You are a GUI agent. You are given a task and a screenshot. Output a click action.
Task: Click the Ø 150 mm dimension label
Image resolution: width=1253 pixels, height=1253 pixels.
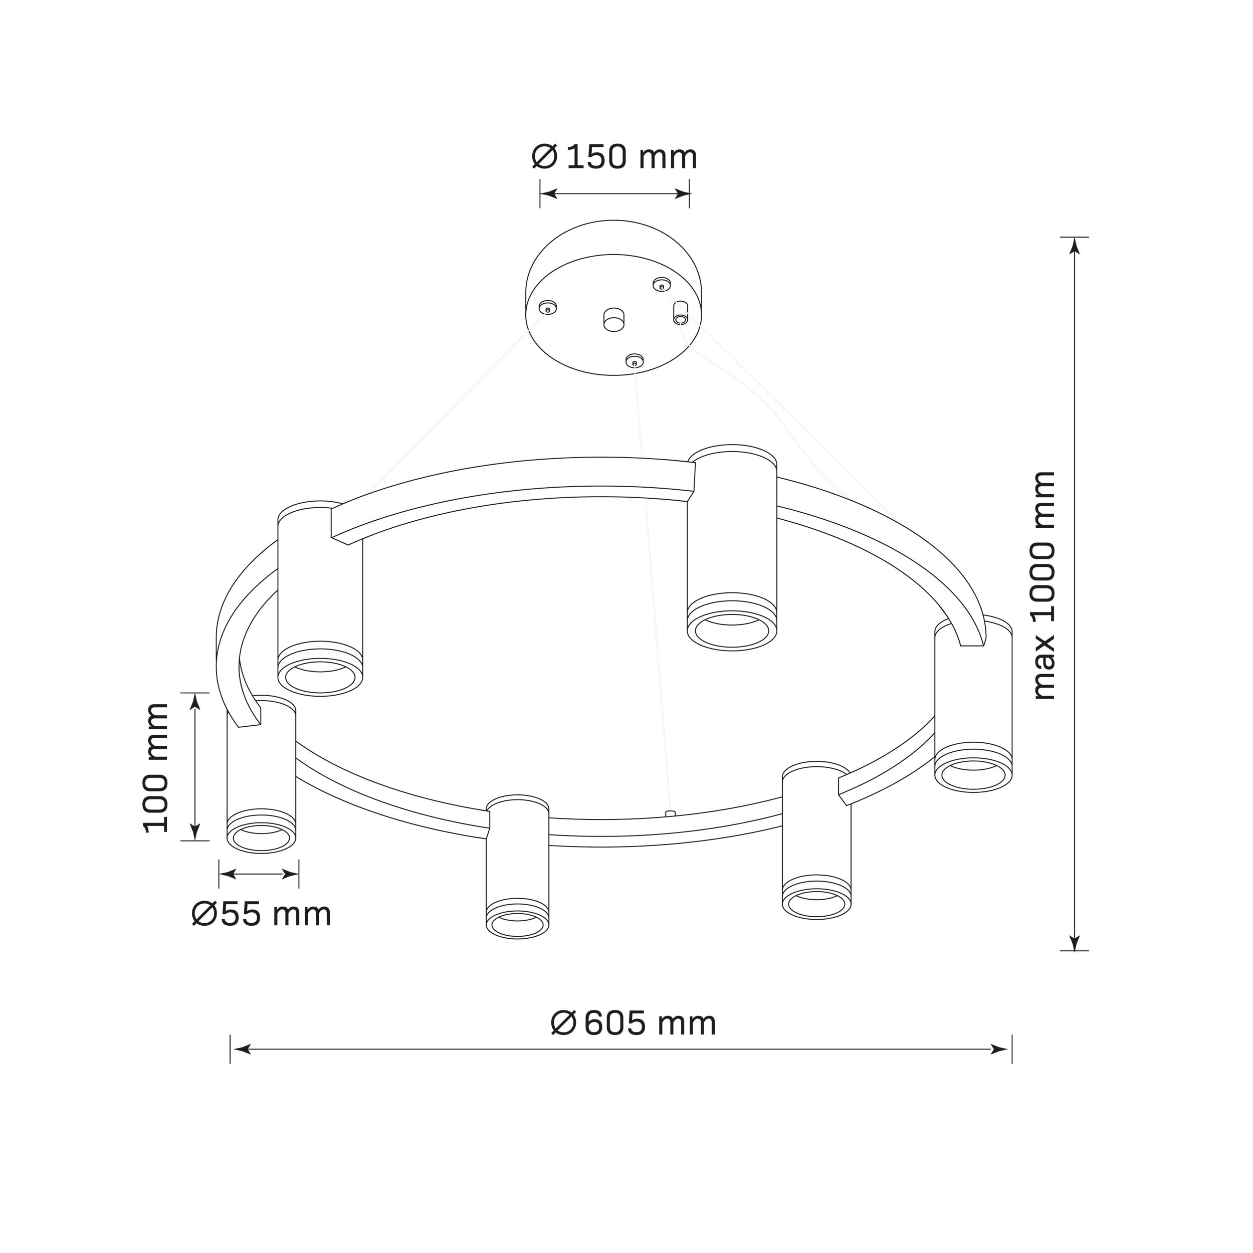pyautogui.click(x=614, y=157)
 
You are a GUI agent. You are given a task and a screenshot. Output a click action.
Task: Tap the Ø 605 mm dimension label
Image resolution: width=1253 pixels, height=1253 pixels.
pyautogui.click(x=634, y=1023)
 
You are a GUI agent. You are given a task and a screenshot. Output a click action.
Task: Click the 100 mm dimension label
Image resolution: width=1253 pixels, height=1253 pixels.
pyautogui.click(x=156, y=768)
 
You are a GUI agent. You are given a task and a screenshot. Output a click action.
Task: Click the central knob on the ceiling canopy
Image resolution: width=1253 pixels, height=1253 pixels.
pyautogui.click(x=613, y=320)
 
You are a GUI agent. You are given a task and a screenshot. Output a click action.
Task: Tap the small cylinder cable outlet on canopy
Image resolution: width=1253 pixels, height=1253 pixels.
pyautogui.click(x=680, y=313)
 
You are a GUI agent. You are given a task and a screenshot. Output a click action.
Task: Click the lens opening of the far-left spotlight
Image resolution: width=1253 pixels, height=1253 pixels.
pyautogui.click(x=261, y=839)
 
